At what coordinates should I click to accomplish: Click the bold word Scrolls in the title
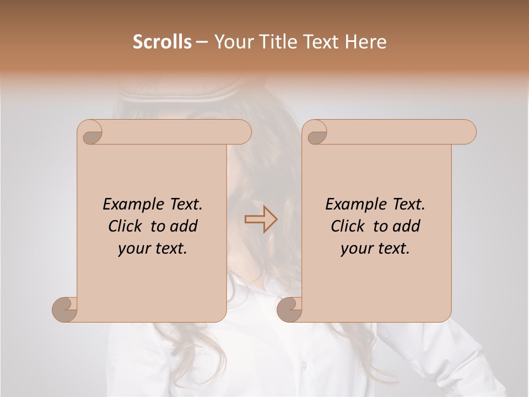(x=162, y=42)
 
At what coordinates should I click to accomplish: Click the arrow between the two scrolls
(x=261, y=219)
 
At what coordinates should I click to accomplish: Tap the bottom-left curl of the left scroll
(x=64, y=309)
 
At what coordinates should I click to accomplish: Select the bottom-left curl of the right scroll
(x=289, y=309)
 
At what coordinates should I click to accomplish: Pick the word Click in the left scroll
(x=126, y=226)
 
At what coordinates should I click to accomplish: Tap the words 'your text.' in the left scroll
(x=153, y=248)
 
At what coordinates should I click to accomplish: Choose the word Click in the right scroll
(x=349, y=226)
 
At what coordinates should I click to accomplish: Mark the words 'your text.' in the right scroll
(x=375, y=248)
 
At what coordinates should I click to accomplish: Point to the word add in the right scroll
(x=406, y=226)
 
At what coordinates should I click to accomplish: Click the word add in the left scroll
(x=183, y=226)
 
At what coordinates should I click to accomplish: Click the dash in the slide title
(x=202, y=42)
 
